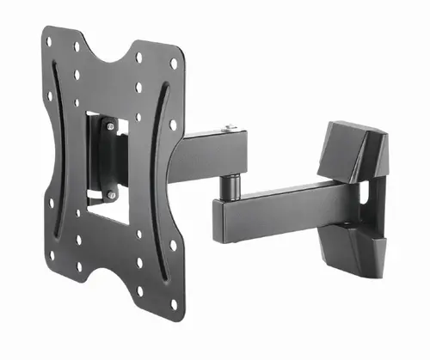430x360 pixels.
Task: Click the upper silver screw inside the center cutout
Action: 109,125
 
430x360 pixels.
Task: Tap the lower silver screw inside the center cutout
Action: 112,196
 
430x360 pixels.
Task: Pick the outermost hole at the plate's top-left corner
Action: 49,40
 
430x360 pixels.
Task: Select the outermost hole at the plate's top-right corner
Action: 175,63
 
